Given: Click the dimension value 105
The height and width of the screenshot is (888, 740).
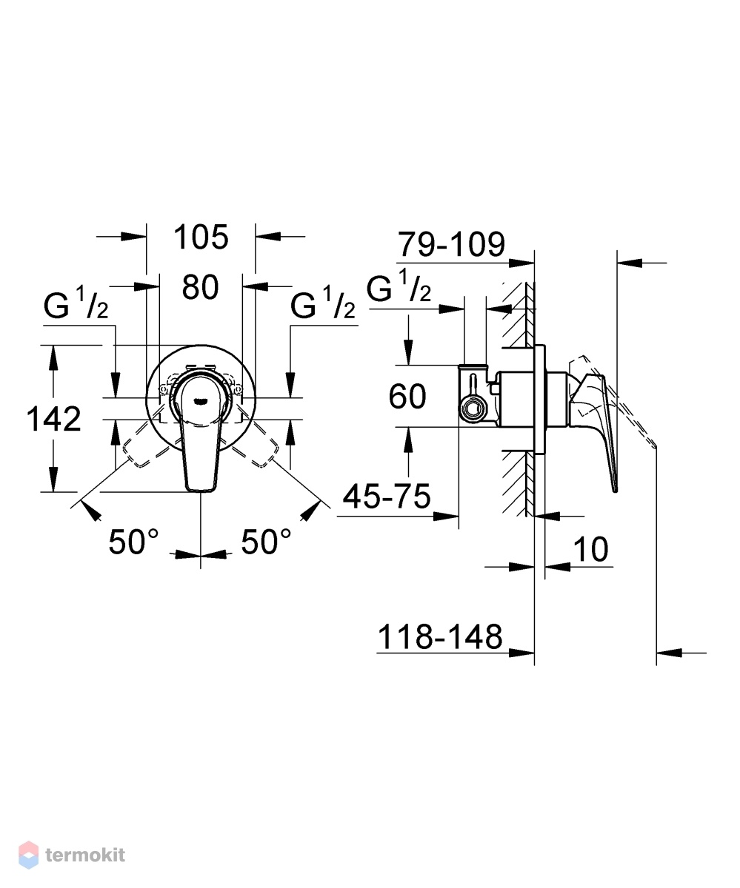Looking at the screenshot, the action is (x=201, y=237).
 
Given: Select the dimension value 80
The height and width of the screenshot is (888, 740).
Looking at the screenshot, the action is (x=200, y=287).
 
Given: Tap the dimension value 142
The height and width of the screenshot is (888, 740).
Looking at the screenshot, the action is (x=53, y=419).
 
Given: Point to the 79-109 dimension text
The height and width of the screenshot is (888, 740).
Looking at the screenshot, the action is (x=451, y=244).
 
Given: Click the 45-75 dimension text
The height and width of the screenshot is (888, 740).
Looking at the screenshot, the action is (x=387, y=497).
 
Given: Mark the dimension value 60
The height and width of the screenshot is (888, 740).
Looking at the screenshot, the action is (x=407, y=397).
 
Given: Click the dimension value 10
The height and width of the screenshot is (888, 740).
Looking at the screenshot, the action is (x=591, y=550).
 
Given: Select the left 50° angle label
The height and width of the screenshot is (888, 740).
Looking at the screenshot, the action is (x=133, y=542).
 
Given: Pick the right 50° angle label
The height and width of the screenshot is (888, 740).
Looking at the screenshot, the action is (x=266, y=542).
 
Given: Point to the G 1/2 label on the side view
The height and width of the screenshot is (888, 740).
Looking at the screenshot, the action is (x=399, y=286).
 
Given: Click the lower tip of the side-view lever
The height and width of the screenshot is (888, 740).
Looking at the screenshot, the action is (x=616, y=492).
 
